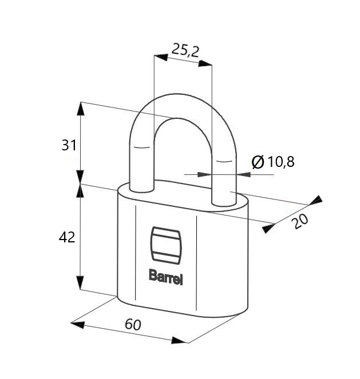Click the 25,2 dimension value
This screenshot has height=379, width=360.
click(x=185, y=51)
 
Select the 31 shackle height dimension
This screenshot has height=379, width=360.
click(x=69, y=145)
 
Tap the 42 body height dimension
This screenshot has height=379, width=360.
click(x=67, y=237)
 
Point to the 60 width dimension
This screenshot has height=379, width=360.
click(x=133, y=324)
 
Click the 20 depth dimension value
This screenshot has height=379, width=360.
click(x=300, y=221)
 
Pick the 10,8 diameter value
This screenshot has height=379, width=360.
click(x=281, y=162)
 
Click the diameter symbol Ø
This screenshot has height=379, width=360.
click(x=258, y=162)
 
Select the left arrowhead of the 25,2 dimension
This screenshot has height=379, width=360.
click(x=161, y=57)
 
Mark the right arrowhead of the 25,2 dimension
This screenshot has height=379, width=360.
click(x=205, y=63)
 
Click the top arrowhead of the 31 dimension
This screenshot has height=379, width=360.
click(x=81, y=109)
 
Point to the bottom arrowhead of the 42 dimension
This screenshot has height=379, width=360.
click(x=80, y=282)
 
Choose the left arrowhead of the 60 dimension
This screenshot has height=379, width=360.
click(x=77, y=325)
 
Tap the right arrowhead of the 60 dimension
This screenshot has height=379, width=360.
click(x=179, y=340)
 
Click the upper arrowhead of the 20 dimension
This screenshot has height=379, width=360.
click(x=315, y=200)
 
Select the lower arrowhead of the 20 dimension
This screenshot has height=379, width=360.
click(x=269, y=228)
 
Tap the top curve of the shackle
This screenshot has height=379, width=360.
click(x=183, y=105)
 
